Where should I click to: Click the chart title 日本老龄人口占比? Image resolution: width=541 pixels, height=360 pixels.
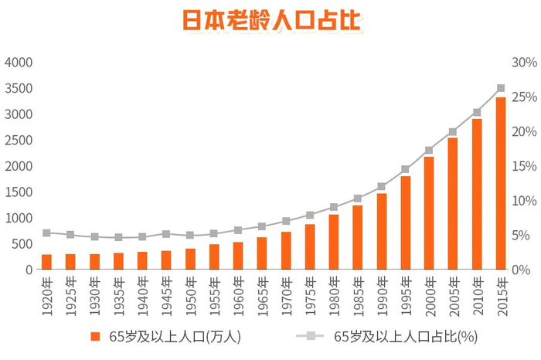(x=271, y=21)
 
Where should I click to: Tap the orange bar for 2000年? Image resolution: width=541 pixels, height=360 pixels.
(x=429, y=213)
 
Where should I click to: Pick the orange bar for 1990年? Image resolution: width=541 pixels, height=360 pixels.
(x=381, y=232)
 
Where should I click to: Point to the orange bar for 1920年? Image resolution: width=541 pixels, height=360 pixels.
(x=46, y=262)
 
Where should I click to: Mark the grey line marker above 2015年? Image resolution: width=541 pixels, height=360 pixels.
(x=501, y=88)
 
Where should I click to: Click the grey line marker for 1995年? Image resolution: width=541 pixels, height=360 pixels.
(x=405, y=169)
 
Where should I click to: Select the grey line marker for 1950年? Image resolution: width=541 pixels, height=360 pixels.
(x=190, y=235)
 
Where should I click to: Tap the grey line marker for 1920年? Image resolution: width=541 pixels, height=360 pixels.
(x=46, y=233)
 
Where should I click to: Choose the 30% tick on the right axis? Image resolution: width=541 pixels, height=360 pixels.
(x=524, y=63)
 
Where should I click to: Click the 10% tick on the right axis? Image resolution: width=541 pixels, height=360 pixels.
(x=524, y=201)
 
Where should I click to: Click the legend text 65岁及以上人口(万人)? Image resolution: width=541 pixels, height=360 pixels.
(x=176, y=336)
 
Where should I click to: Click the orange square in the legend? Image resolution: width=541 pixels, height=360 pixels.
(x=95, y=336)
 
